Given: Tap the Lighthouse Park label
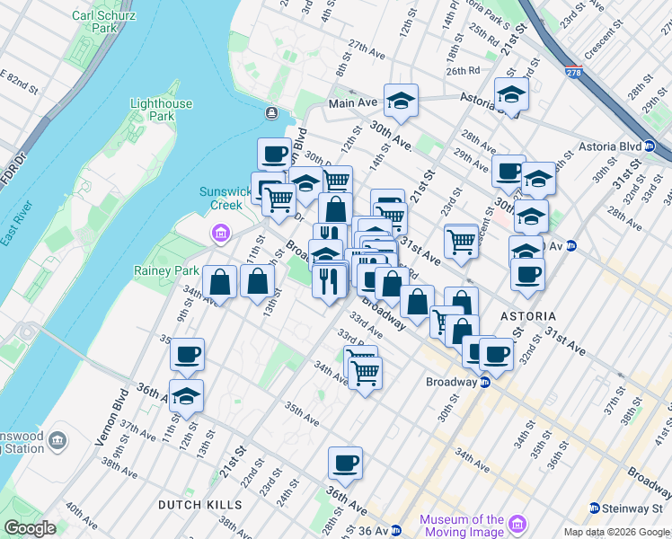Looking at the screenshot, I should [x=161, y=110].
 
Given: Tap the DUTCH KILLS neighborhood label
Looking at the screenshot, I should [x=199, y=505].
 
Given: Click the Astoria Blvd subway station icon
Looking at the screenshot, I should [x=659, y=146].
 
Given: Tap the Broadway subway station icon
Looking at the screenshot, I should [x=484, y=382].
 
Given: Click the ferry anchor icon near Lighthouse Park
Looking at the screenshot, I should [x=271, y=112].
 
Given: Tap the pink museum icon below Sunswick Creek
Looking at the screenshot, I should [x=220, y=235].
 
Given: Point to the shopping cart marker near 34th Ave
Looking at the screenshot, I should [x=365, y=372].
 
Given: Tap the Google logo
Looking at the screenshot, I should [x=31, y=528].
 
